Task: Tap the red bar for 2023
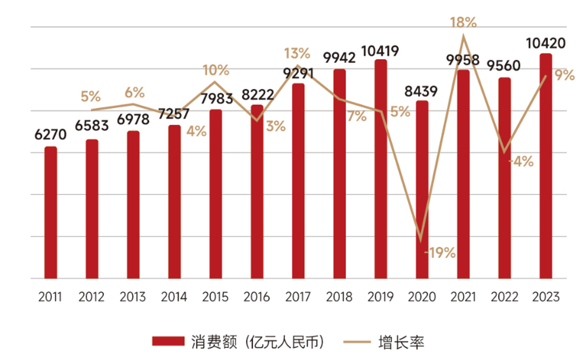point(546,166)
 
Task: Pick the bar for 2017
point(298,181)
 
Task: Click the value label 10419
point(380,51)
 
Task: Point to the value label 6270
point(51,135)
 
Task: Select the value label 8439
point(421,91)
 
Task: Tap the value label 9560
point(504,66)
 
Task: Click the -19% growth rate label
point(440,253)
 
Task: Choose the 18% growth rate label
point(463,23)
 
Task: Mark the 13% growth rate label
point(297,53)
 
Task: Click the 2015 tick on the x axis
point(215,297)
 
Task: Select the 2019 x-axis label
point(380,297)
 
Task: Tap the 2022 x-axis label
point(504,297)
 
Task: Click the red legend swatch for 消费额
point(168,342)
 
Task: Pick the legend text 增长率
point(401,343)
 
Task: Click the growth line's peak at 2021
point(463,36)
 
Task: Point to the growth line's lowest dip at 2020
point(421,239)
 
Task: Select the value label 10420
point(546,43)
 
